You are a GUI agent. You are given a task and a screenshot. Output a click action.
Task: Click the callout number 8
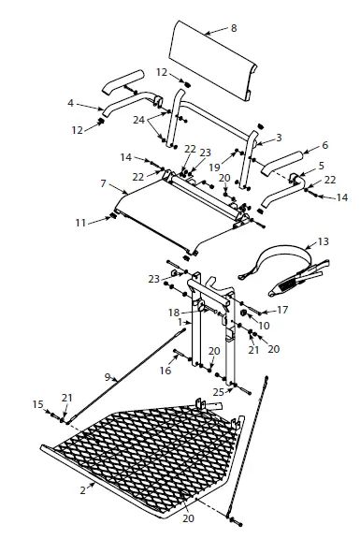(x=234, y=30)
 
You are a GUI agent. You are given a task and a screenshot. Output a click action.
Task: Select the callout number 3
(x=279, y=137)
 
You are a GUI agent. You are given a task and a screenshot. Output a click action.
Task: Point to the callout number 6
(x=324, y=145)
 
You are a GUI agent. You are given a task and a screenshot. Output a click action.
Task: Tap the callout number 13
(x=324, y=240)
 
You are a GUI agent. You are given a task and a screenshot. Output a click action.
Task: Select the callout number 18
(x=173, y=313)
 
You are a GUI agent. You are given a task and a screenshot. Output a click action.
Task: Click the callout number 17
(x=283, y=310)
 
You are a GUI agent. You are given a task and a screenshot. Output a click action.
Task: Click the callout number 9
(x=109, y=377)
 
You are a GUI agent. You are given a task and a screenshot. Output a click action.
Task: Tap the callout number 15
(x=38, y=403)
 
